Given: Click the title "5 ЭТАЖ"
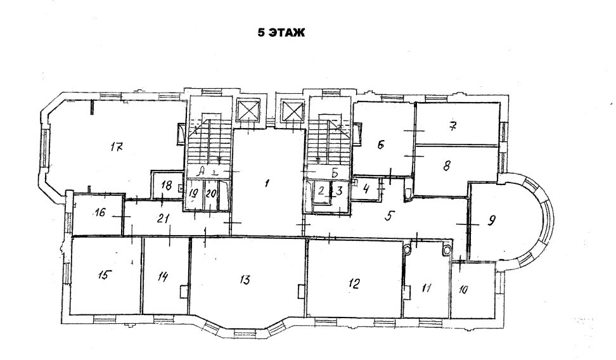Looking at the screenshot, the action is coord(281,32).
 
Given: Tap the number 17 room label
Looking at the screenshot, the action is coord(117,147).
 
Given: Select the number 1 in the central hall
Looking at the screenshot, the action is coord(267,183).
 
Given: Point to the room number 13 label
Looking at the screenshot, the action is coord(245,280).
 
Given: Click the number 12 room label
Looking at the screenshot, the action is coord(354,283).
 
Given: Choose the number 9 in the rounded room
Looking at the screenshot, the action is coord(491,221).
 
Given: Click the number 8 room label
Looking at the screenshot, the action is coord(446,166).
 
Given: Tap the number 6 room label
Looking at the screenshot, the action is coord(380,145).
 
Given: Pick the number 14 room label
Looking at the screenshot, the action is coord(163,276).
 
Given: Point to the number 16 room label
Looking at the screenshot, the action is coord(100,212).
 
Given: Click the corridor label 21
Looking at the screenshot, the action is coord(163,219).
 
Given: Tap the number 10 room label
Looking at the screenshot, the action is coord(463,290).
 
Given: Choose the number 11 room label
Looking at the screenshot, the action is coord(427,288).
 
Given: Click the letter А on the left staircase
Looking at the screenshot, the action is coord(201,171).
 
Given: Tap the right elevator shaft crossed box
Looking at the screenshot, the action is coord(293,111).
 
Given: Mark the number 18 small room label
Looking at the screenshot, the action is coord(167,186).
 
